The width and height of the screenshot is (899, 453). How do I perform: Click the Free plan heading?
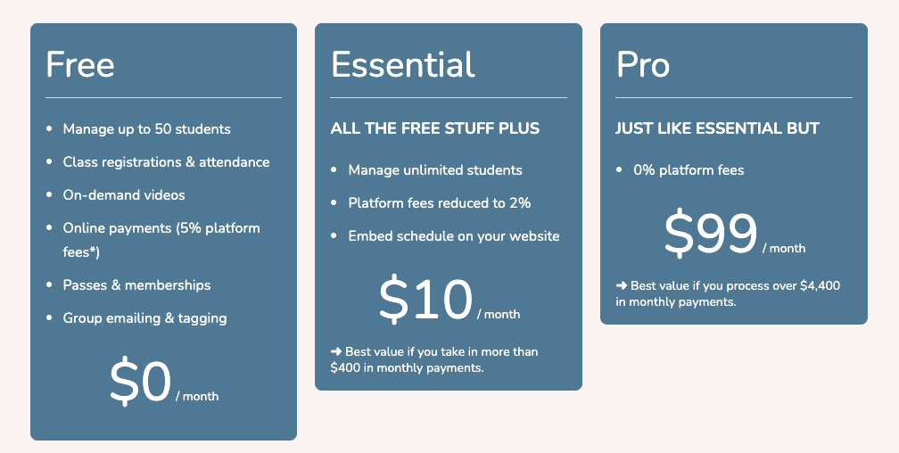(80, 65)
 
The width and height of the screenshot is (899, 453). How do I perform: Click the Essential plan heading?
(403, 65)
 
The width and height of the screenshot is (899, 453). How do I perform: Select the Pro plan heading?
(643, 65)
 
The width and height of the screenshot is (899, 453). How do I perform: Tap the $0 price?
(140, 383)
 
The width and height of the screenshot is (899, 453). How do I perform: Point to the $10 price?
(425, 301)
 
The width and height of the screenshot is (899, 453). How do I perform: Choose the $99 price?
(711, 235)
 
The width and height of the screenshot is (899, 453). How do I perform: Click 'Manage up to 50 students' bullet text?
(146, 129)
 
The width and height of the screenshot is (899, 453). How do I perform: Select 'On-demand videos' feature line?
(124, 194)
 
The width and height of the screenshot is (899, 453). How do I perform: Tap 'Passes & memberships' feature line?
(136, 285)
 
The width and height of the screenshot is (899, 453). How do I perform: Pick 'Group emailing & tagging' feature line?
(144, 318)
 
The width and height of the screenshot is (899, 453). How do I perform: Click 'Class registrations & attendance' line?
(166, 162)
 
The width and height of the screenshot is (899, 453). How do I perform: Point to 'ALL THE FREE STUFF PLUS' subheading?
(435, 128)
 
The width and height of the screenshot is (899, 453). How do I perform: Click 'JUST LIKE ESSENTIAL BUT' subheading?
(717, 128)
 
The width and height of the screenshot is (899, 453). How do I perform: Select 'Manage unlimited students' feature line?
(435, 170)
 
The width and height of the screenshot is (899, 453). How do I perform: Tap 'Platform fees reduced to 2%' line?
(440, 203)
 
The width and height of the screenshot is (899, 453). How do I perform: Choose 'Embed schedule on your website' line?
(454, 236)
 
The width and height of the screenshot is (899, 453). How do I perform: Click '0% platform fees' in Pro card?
(689, 170)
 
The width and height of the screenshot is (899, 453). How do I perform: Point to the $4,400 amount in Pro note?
(820, 286)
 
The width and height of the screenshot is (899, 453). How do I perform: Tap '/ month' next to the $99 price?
(784, 249)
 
